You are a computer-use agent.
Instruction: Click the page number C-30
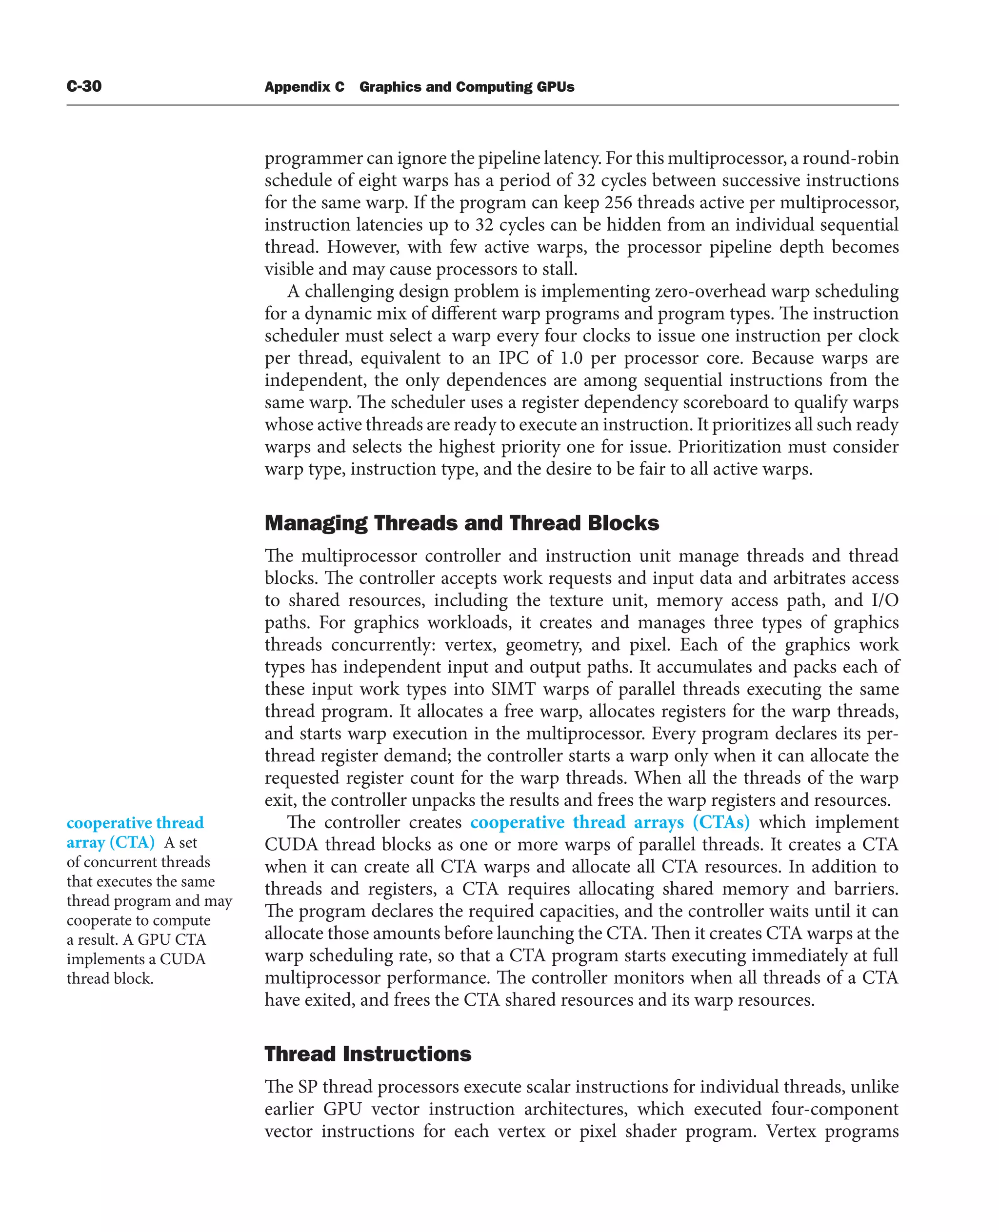(84, 86)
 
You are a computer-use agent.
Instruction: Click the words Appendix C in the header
(304, 87)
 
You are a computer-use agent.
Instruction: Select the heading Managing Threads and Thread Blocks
(461, 523)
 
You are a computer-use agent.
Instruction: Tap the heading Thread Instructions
(368, 1054)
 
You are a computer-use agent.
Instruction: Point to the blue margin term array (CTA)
(111, 842)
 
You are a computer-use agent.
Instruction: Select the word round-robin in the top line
(850, 158)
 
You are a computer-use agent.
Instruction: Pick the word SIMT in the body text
(513, 689)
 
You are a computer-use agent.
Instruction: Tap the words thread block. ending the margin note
(110, 979)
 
